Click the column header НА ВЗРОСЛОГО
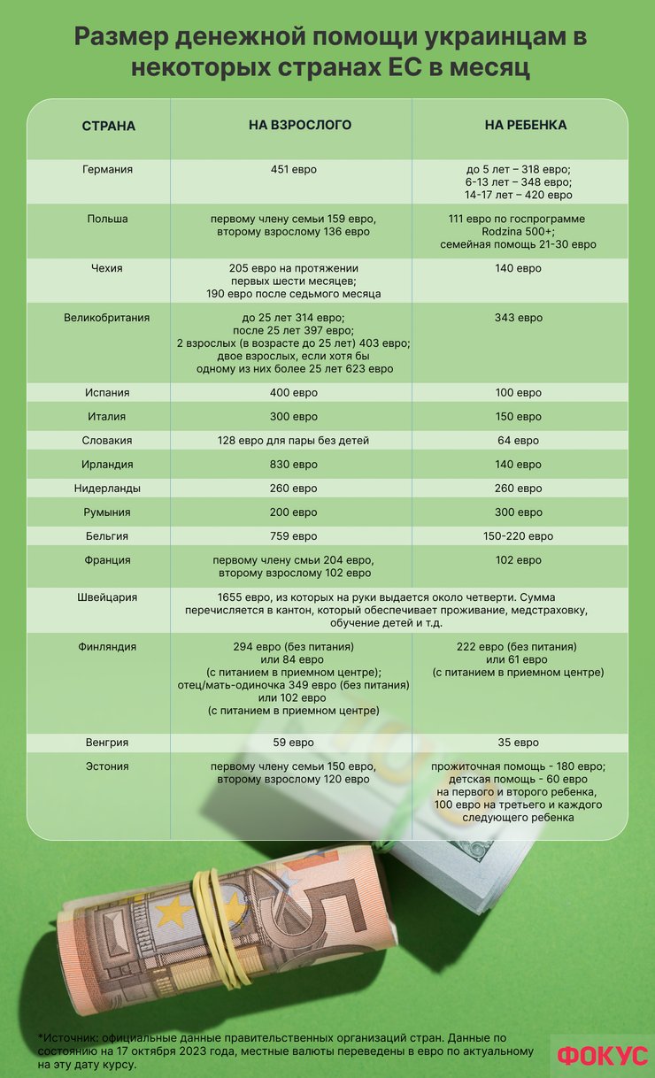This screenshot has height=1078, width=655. pos(299,126)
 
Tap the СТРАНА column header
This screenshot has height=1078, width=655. pos(108,127)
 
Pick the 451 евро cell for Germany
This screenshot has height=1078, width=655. pos(293,170)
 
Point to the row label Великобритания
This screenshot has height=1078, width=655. pos(107,318)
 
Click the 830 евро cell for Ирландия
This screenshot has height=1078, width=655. pos(293,465)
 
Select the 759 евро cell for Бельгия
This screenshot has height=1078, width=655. pos(293,536)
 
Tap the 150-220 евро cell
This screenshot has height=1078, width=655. pos(519,536)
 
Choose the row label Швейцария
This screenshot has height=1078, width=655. pos(107,597)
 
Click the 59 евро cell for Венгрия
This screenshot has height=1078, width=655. pos(293,743)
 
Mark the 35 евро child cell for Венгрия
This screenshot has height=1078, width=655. pos(519,743)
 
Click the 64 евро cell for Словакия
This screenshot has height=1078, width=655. pos(519,441)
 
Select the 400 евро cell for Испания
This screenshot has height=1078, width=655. pos(293,393)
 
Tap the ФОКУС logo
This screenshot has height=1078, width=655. pos(603,1056)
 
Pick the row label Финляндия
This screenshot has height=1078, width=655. pos(107,647)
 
